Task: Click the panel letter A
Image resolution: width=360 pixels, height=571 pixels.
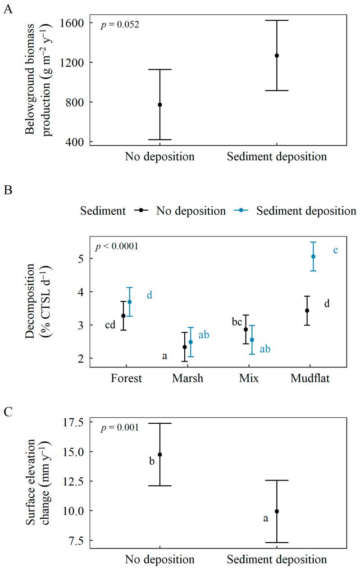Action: [x=8, y=9]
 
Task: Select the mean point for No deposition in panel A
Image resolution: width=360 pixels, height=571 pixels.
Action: [x=160, y=104]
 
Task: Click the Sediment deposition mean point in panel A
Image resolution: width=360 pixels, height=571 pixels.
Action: [x=277, y=55]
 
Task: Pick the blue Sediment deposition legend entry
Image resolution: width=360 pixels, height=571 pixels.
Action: [x=293, y=210]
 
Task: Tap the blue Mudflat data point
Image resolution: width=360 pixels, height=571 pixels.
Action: [x=314, y=256]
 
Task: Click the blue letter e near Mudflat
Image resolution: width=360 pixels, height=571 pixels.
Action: [x=335, y=249]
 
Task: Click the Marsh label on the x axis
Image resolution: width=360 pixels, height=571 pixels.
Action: [x=187, y=378]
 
